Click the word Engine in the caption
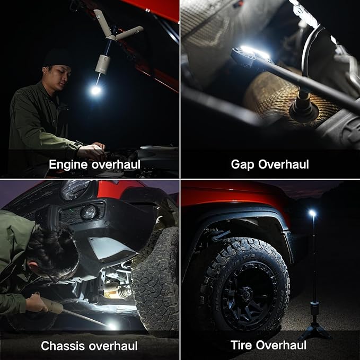pos(66,164)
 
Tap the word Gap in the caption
pos(243,164)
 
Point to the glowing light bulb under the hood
pos(95,90)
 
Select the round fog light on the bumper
pos(89,212)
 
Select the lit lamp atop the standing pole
pos(312,213)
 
